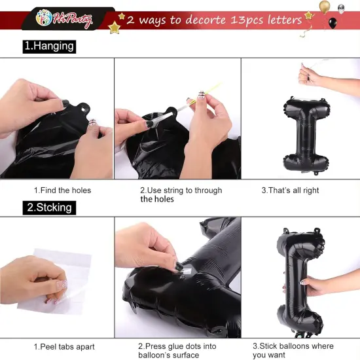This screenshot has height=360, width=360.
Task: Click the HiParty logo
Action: coord(64,19)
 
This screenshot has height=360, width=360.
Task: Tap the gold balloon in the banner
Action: coord(325,6)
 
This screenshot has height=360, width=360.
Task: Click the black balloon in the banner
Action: coord(333,23)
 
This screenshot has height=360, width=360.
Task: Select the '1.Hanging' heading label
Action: coord(49,46)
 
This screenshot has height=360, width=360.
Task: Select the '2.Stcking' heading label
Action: coord(49,207)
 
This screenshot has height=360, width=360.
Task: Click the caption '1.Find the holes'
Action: coord(62,190)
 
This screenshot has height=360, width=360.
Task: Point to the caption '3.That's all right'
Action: coord(290,190)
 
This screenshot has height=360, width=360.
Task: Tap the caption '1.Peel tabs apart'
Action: coord(64,347)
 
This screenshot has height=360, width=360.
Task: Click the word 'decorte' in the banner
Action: coord(206,20)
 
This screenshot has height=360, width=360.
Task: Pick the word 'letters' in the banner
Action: coord(285,20)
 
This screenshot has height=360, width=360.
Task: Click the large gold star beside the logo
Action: coord(114,27)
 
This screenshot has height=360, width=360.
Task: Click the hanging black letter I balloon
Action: coord(306,135)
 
